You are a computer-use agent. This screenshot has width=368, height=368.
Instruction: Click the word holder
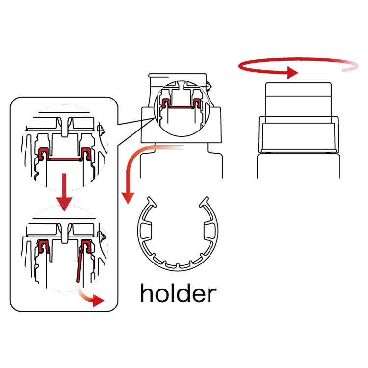[x=179, y=293]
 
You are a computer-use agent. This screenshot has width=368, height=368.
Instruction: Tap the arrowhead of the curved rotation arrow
[x=292, y=73]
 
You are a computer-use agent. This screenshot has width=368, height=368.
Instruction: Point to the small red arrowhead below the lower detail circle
[x=98, y=300]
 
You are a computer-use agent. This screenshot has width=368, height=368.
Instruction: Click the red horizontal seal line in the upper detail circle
[x=65, y=159]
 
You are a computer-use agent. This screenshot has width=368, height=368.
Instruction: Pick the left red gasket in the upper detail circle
[x=43, y=154]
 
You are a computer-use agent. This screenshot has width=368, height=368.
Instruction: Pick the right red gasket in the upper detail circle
[x=86, y=154]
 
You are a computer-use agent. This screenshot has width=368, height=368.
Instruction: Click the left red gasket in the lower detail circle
[x=43, y=246]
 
